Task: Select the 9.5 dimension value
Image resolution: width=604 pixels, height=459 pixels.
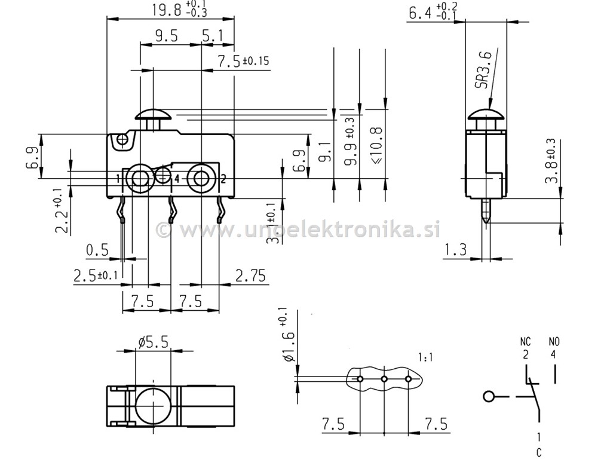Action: tap(166, 36)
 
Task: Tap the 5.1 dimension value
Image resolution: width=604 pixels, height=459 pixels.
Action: tap(213, 36)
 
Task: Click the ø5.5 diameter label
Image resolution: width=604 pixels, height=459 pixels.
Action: tap(153, 342)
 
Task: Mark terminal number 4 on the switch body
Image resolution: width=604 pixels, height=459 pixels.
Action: tap(177, 178)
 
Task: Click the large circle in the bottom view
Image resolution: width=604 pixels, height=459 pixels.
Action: tap(153, 405)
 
